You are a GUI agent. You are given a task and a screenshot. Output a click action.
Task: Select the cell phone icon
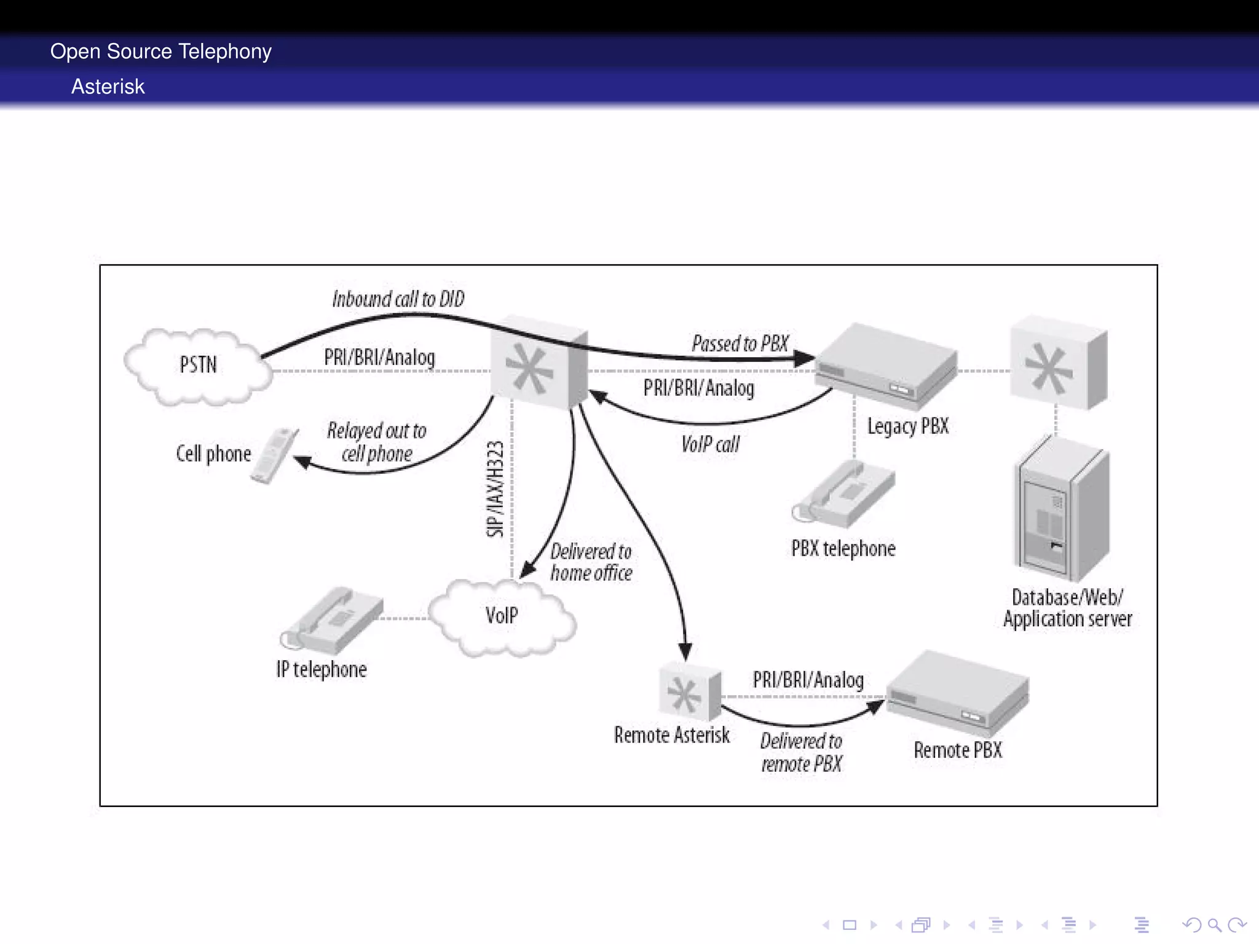(x=275, y=455)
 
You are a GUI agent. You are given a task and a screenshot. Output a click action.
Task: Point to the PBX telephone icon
(x=845, y=495)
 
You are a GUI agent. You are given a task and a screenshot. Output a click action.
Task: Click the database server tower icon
(x=1061, y=510)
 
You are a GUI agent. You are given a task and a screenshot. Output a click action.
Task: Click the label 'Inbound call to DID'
(x=398, y=299)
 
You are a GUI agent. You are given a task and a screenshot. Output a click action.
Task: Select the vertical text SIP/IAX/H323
(x=495, y=489)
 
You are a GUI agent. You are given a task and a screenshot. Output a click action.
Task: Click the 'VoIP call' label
(x=710, y=444)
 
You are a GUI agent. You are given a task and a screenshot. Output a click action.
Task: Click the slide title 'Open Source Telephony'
(x=160, y=51)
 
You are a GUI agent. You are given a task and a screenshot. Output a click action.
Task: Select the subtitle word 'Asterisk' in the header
(x=108, y=87)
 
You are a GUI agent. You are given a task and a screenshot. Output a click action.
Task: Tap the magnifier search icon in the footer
(x=1214, y=924)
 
